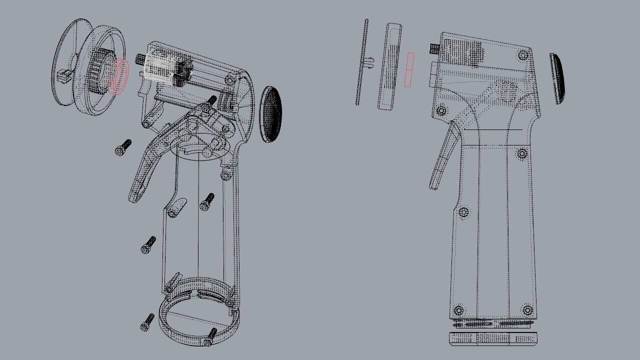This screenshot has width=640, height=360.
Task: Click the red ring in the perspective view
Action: (118, 76)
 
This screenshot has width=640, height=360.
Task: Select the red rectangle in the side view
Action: (409, 69)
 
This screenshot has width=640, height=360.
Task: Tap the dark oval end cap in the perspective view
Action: (271, 114)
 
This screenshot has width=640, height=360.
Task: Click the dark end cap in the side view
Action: (557, 78)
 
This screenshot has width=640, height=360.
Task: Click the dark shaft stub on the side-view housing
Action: (434, 49)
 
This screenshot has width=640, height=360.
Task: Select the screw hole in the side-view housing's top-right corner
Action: (523, 55)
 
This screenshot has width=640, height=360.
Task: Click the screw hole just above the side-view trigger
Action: (441, 110)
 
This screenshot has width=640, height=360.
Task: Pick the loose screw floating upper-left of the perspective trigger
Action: (123, 147)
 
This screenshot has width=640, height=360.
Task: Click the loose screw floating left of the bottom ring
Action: (147, 322)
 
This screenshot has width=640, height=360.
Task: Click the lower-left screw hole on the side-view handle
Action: (459, 310)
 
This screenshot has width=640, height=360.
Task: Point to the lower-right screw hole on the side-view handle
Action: (528, 310)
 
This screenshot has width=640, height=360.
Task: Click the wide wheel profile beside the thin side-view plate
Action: (390, 66)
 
